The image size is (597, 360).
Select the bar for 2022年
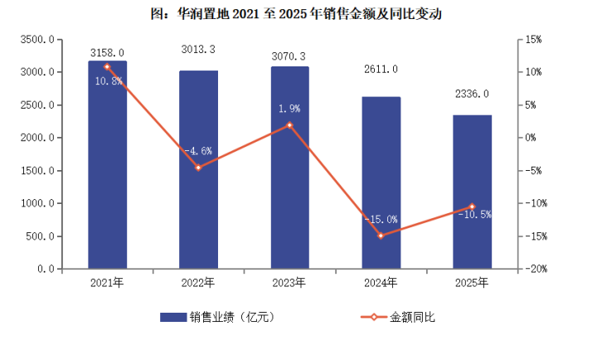198,169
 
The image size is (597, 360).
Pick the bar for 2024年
381,182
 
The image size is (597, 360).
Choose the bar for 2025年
472,192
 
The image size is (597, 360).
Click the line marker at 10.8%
107,66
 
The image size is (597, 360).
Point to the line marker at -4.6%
198,168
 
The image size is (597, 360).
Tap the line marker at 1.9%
289,125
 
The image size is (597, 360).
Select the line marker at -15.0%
381,236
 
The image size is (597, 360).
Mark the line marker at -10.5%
472,207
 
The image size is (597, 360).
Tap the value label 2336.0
472,94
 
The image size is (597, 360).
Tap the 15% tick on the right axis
533,39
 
